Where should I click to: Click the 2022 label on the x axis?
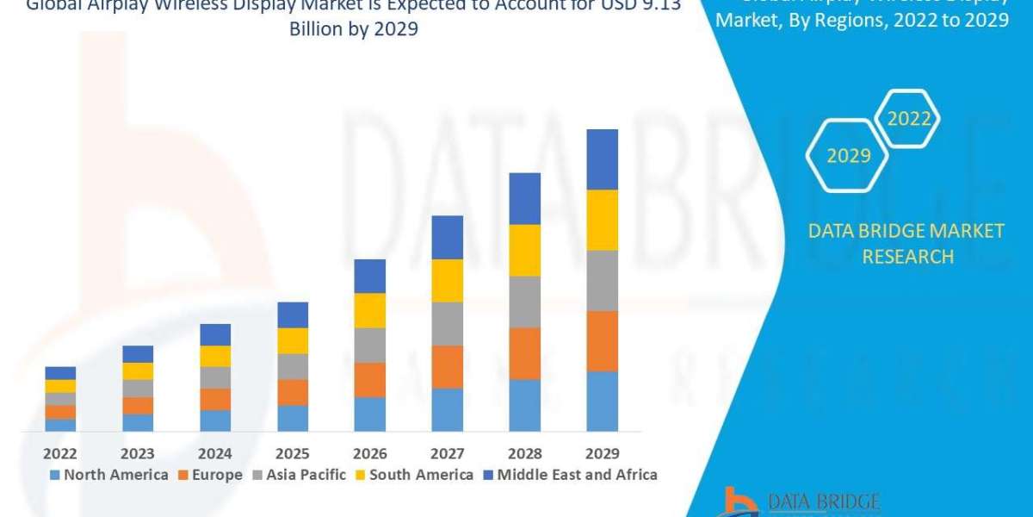[60, 453]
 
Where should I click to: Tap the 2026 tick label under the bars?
[369, 453]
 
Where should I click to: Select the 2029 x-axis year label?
[602, 453]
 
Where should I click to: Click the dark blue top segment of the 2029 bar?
[603, 159]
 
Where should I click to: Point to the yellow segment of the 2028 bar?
[525, 250]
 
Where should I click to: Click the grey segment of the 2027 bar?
[448, 324]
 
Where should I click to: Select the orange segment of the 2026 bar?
[370, 379]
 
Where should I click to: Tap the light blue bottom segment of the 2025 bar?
[293, 418]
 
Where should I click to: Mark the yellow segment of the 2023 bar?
[138, 371]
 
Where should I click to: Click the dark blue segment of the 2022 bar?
[60, 373]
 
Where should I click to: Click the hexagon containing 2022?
[909, 119]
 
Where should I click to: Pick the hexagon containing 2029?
[848, 156]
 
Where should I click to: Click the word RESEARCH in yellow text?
[907, 256]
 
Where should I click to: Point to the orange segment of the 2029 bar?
[603, 341]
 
